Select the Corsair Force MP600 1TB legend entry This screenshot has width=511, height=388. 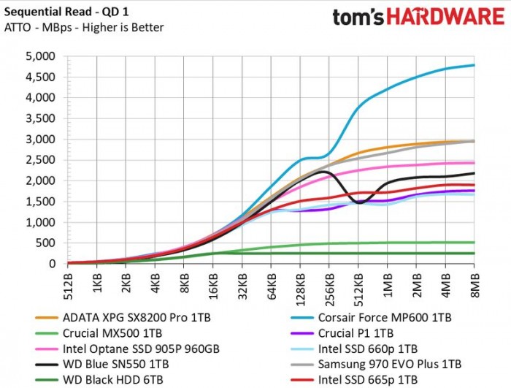[372, 318]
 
